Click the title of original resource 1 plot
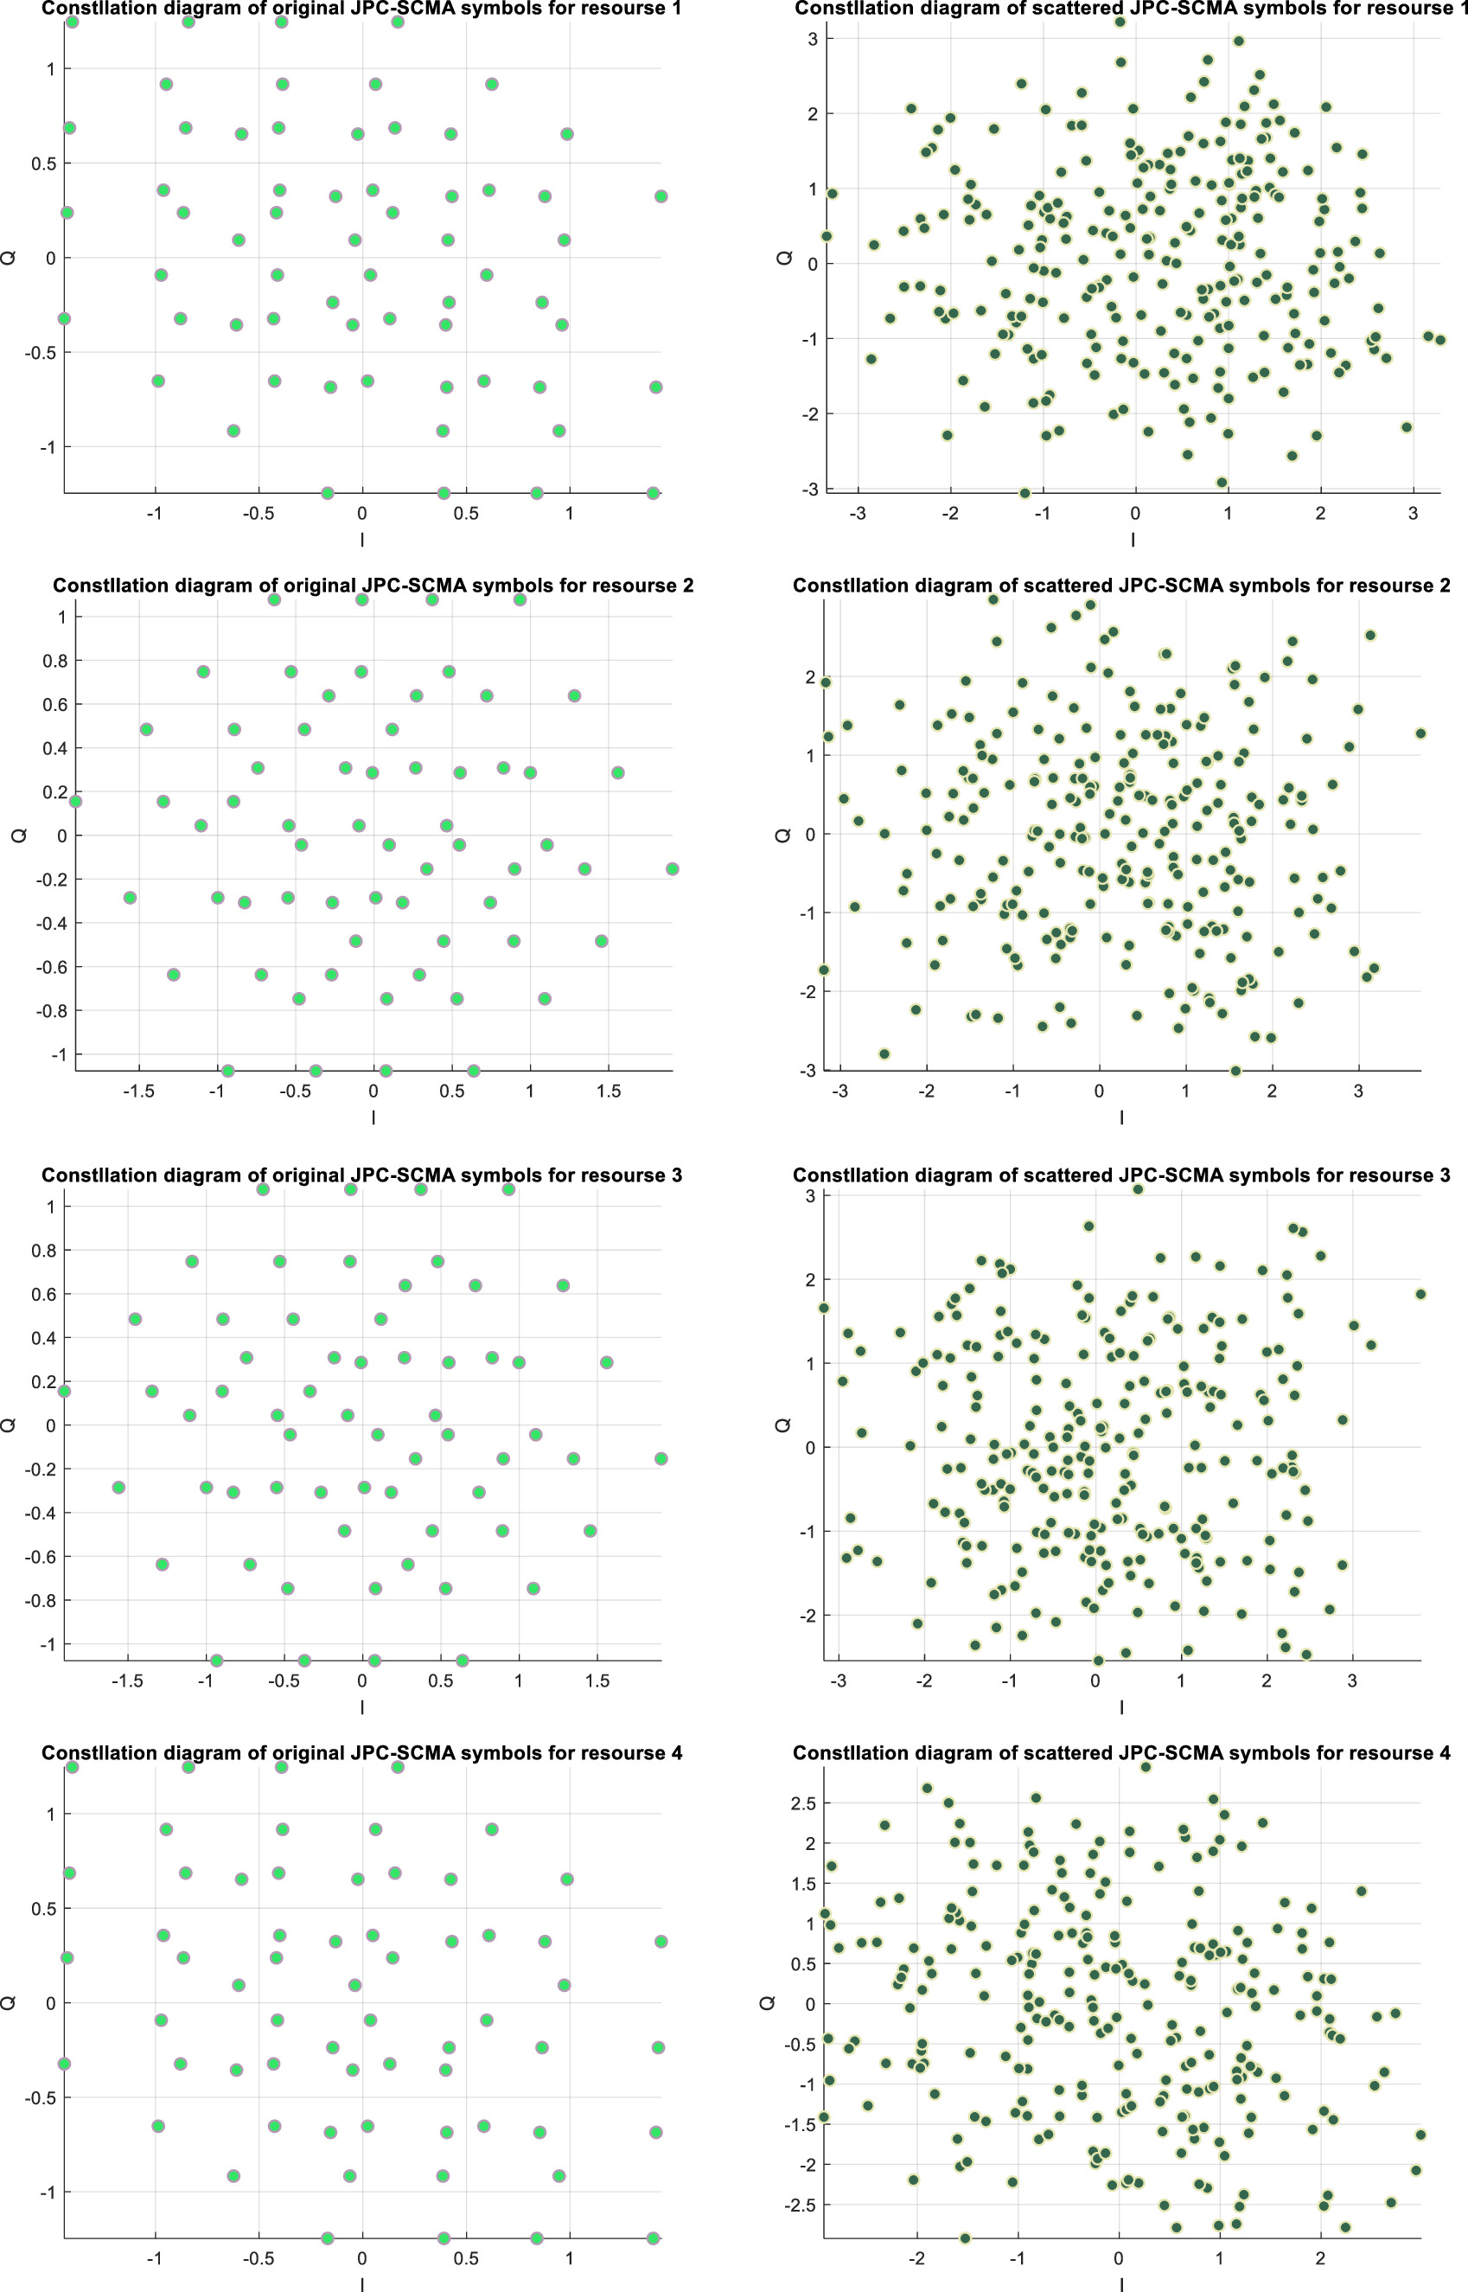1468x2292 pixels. point(361,10)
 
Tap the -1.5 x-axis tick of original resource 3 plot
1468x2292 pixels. point(127,1681)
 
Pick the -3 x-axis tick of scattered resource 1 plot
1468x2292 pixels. point(858,513)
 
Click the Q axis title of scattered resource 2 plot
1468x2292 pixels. point(783,835)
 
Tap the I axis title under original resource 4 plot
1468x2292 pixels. point(362,2284)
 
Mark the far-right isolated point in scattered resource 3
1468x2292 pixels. point(1420,1294)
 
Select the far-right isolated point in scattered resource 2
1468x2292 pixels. point(1420,733)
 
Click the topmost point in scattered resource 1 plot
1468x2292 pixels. point(1121,21)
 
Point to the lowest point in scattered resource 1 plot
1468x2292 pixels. point(1024,493)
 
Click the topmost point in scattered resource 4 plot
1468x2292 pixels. point(1146,1767)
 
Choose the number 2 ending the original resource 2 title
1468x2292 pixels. point(687,586)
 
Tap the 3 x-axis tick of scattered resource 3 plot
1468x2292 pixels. point(1351,1681)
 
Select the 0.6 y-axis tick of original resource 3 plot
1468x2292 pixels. point(43,1295)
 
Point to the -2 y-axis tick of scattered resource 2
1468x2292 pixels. point(807,991)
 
